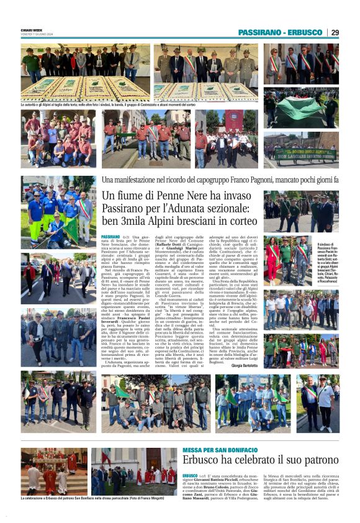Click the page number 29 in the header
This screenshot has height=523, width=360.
(335, 32)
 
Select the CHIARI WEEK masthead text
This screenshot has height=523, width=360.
(32, 29)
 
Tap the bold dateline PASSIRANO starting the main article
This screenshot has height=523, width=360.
(110, 237)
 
